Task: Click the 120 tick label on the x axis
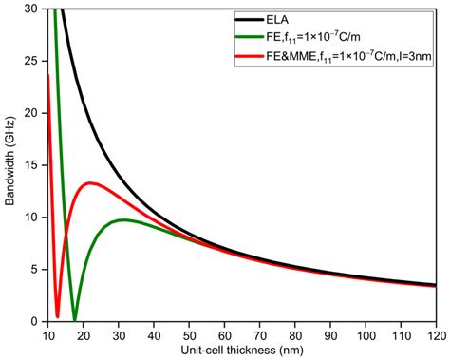pyautogui.click(x=436, y=334)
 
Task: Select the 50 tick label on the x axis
pyautogui.click(x=189, y=334)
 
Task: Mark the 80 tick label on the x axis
pyautogui.click(x=294, y=334)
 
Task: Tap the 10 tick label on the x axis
pyautogui.click(x=48, y=334)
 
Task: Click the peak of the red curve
pyautogui.click(x=90, y=183)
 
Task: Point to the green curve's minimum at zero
pyautogui.click(x=75, y=320)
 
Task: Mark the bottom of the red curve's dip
pyautogui.click(x=58, y=316)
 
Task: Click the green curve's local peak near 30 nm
pyautogui.click(x=122, y=220)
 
